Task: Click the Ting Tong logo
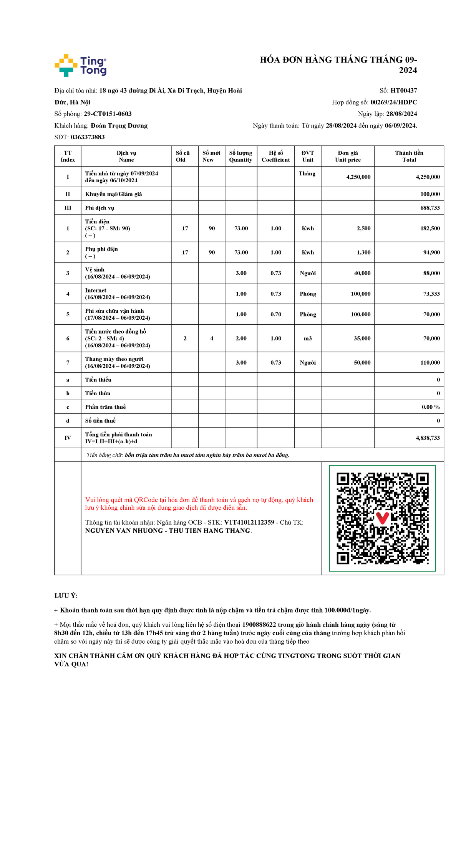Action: [x=81, y=65]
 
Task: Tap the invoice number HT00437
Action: [x=403, y=91]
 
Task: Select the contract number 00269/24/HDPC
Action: [x=393, y=102]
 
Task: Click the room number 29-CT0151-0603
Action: [x=108, y=114]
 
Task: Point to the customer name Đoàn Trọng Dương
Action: [x=119, y=126]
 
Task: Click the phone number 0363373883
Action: [x=88, y=137]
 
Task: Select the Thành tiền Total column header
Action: [x=409, y=156]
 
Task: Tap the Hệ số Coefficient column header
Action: [x=275, y=156]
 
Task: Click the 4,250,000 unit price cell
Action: [x=358, y=177]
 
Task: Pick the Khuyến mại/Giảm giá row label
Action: [x=113, y=194]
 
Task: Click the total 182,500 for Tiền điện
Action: [x=430, y=228]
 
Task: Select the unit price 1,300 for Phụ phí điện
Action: [x=363, y=253]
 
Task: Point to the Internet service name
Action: [x=96, y=291]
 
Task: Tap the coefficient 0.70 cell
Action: [x=275, y=314]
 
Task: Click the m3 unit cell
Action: [x=308, y=339]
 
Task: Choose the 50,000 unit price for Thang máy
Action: [x=362, y=363]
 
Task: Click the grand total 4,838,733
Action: [x=428, y=438]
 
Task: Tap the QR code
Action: [x=382, y=518]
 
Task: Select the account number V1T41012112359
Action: [x=249, y=522]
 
